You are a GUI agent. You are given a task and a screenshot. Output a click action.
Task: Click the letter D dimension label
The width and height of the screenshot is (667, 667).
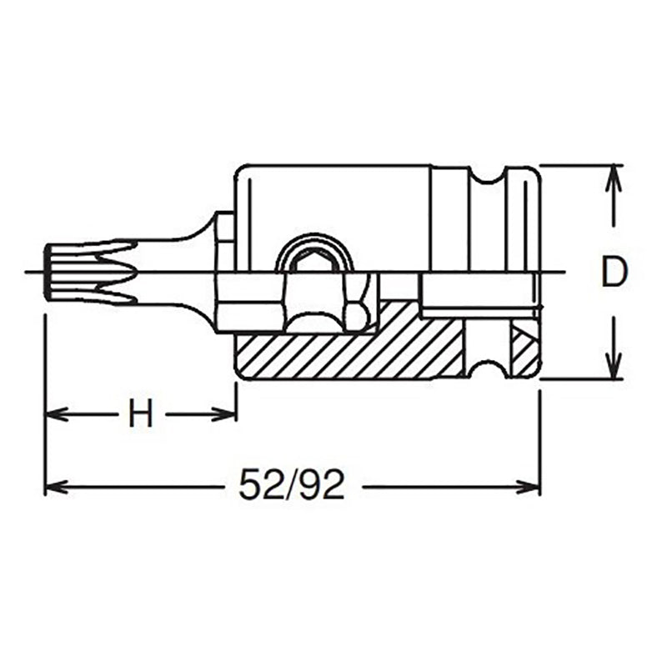pyautogui.click(x=613, y=273)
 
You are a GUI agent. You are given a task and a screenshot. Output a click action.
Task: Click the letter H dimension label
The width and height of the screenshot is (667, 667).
pyautogui.click(x=140, y=414)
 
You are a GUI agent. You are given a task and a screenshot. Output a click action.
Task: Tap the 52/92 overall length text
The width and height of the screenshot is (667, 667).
pyautogui.click(x=291, y=484)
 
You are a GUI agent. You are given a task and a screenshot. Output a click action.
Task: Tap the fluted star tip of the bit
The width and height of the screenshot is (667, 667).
pyautogui.click(x=83, y=271)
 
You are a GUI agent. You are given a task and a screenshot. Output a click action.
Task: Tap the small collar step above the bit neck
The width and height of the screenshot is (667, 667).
pyautogui.click(x=224, y=227)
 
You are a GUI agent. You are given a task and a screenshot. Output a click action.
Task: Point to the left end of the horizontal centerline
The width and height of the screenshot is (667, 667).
pyautogui.click(x=29, y=272)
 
